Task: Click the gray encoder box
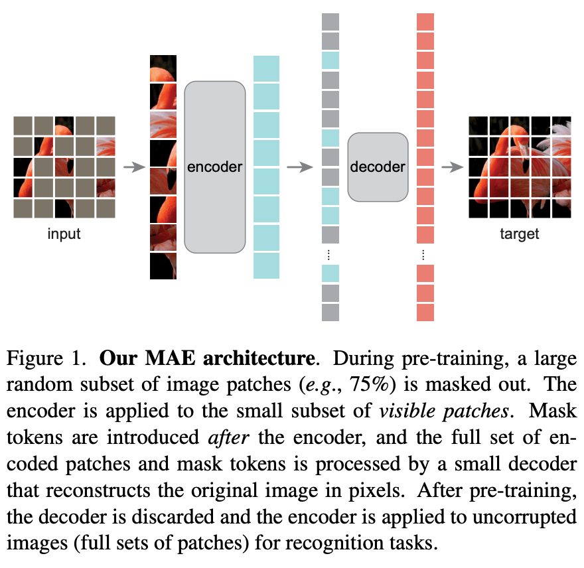coord(215,167)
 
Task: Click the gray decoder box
coord(378,167)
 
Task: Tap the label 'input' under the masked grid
coord(64,234)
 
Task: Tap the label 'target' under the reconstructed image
coord(519,234)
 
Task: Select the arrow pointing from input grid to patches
coord(134,167)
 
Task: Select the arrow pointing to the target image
coord(452,167)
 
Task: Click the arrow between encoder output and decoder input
coord(299,167)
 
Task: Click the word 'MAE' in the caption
coord(170,358)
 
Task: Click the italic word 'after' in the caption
coord(228,437)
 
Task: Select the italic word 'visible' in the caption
coord(407,411)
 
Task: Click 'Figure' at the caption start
coord(35,359)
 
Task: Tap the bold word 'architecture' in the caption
coord(259,358)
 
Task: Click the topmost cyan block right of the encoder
coord(266,68)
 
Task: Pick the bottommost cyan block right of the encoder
coord(266,265)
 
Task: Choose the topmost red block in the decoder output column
coord(425,22)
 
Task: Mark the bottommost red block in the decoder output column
coord(425,312)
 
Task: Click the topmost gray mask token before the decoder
coord(330,22)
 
